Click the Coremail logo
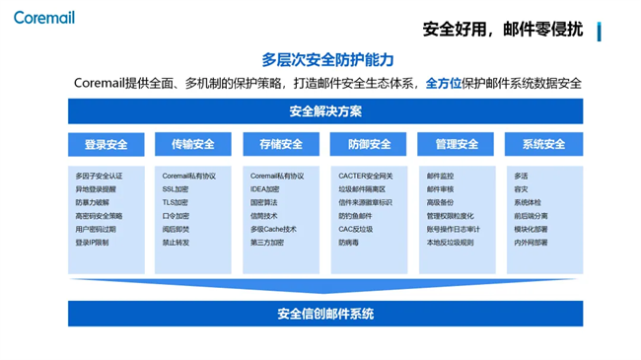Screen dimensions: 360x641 pyautogui.click(x=44, y=18)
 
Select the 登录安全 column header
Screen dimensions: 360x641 pyautogui.click(x=107, y=145)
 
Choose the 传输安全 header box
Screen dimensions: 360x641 pyautogui.click(x=193, y=145)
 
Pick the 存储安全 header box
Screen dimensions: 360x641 pyautogui.click(x=281, y=145)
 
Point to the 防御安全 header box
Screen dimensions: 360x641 pyautogui.click(x=369, y=145)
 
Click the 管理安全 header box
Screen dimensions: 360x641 pyautogui.click(x=457, y=145)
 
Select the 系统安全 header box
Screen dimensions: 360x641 pyautogui.click(x=543, y=145)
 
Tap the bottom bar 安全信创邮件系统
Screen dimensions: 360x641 pyautogui.click(x=325, y=315)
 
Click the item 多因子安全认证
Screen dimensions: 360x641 pyautogui.click(x=99, y=177)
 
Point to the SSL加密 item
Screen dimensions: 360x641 pyautogui.click(x=176, y=189)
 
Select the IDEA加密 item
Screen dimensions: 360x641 pyautogui.click(x=265, y=189)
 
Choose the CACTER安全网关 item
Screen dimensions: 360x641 pyautogui.click(x=366, y=177)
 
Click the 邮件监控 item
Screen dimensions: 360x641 pyautogui.click(x=440, y=177)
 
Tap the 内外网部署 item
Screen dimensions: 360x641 pyautogui.click(x=531, y=243)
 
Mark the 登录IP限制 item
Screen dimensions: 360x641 pyautogui.click(x=93, y=243)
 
